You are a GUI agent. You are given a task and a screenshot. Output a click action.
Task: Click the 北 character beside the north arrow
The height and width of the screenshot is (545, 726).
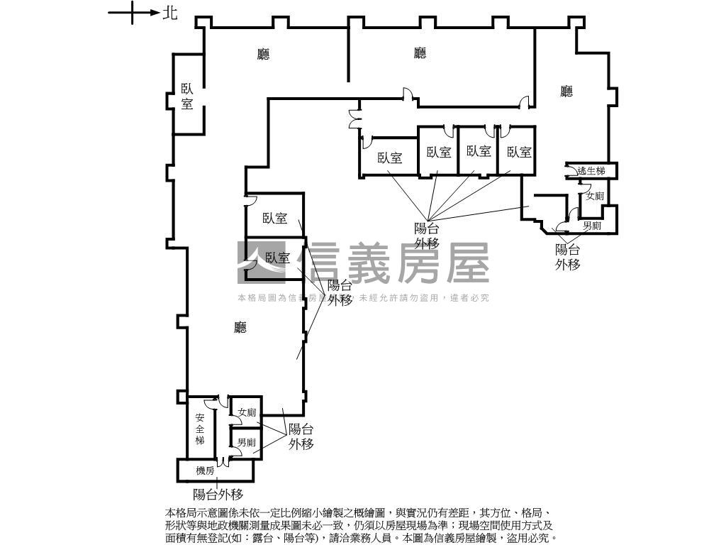[x=170, y=13]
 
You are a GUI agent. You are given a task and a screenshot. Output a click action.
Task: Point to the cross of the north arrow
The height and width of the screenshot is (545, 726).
[x=133, y=13]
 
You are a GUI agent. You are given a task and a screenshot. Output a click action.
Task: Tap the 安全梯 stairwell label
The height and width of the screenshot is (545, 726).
[x=200, y=429]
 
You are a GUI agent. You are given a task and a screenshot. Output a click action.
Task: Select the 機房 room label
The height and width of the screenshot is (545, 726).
[x=205, y=470]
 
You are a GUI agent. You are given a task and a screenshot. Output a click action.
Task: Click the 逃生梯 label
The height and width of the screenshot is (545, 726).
[x=591, y=171]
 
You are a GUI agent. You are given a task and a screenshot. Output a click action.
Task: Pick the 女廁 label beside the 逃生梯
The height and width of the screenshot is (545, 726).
[x=594, y=197]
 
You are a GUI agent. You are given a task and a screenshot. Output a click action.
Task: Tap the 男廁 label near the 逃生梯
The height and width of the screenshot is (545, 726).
[x=592, y=226]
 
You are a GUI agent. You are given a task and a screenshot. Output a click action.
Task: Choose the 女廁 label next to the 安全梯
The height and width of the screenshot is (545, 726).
[x=247, y=412]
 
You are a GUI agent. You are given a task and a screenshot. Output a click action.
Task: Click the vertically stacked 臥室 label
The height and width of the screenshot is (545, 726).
[x=187, y=97]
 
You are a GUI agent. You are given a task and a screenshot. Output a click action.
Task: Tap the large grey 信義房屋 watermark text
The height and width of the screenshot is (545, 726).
[x=395, y=263]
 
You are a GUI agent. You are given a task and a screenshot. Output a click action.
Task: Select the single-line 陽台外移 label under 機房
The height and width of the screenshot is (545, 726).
[x=218, y=495]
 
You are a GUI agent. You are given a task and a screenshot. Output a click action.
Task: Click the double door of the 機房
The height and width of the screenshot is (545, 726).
[x=223, y=462]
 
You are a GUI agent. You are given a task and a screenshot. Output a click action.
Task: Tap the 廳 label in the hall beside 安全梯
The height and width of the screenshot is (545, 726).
[x=240, y=327]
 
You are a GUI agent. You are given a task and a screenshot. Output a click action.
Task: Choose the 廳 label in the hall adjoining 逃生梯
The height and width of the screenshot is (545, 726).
[x=566, y=92]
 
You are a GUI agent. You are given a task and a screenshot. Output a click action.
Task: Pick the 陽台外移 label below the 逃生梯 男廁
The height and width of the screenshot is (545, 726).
[x=568, y=257]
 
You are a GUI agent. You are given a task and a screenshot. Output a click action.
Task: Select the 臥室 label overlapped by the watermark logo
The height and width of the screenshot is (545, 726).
[x=278, y=258]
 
